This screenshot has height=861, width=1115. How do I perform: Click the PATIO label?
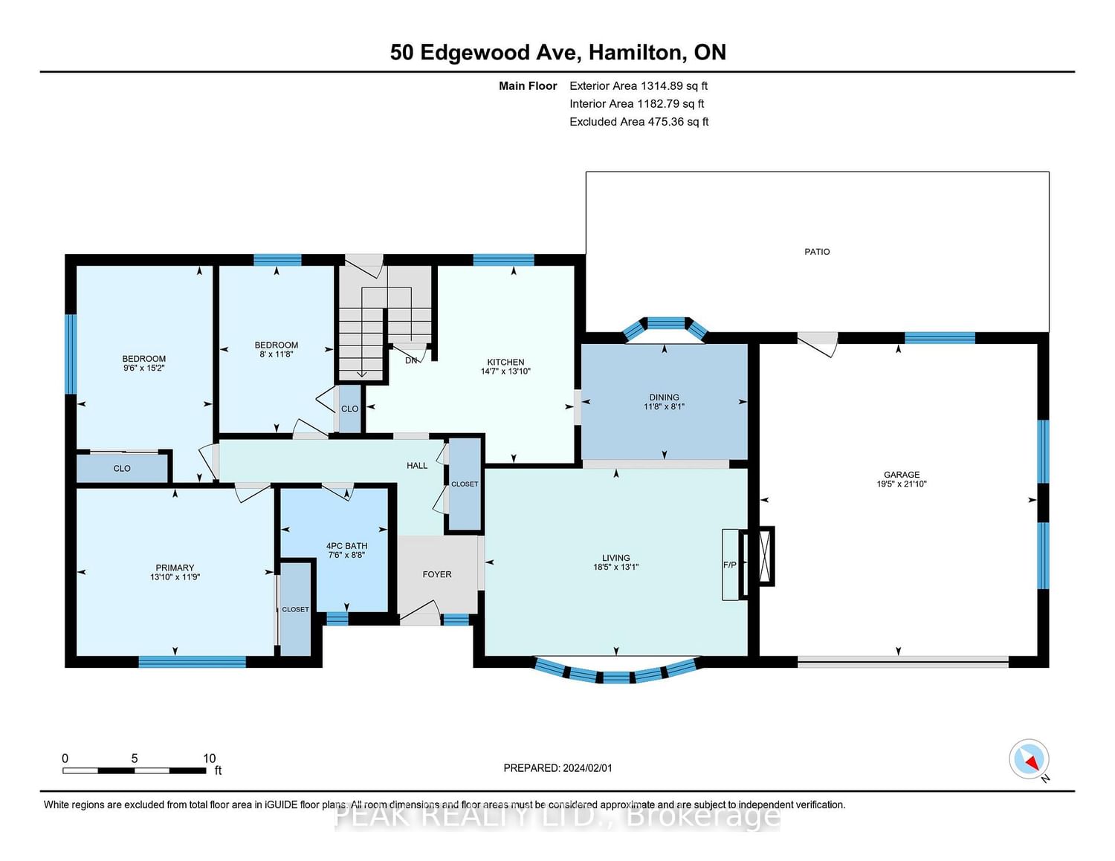[817, 252]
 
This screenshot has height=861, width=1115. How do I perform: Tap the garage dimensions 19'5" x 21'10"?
[902, 484]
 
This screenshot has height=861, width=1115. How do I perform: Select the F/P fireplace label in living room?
[730, 565]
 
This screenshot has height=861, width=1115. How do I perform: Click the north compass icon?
[1029, 759]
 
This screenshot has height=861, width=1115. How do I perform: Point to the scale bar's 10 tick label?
[209, 758]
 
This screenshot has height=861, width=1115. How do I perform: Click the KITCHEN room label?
[505, 362]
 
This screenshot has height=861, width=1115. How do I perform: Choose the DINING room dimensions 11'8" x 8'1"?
[664, 407]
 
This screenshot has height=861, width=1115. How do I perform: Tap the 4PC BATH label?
[346, 546]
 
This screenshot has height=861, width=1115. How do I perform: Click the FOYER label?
[437, 574]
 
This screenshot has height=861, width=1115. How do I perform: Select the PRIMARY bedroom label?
[175, 568]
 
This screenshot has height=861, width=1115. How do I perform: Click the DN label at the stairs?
[411, 360]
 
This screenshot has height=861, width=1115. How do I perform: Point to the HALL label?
[417, 466]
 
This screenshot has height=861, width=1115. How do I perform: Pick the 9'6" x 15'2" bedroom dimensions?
[144, 368]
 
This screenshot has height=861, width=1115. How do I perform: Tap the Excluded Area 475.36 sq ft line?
[639, 122]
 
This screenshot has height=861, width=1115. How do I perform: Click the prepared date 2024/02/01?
[586, 768]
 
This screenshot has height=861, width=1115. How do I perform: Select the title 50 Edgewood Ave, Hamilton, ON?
[557, 52]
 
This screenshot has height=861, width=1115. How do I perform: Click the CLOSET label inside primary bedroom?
[295, 609]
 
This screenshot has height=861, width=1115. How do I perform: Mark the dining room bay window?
[665, 325]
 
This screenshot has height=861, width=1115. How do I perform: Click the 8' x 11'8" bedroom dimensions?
[277, 354]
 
